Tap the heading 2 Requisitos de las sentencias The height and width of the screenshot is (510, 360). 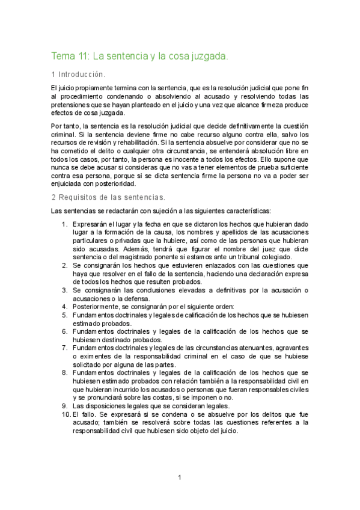click(x=108, y=197)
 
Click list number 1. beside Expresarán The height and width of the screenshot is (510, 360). click(x=65, y=224)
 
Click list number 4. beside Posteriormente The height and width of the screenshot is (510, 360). click(x=65, y=306)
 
